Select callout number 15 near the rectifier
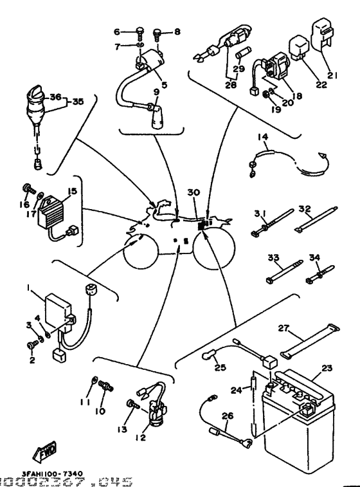coord(72,192)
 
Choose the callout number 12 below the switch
coord(141,437)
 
